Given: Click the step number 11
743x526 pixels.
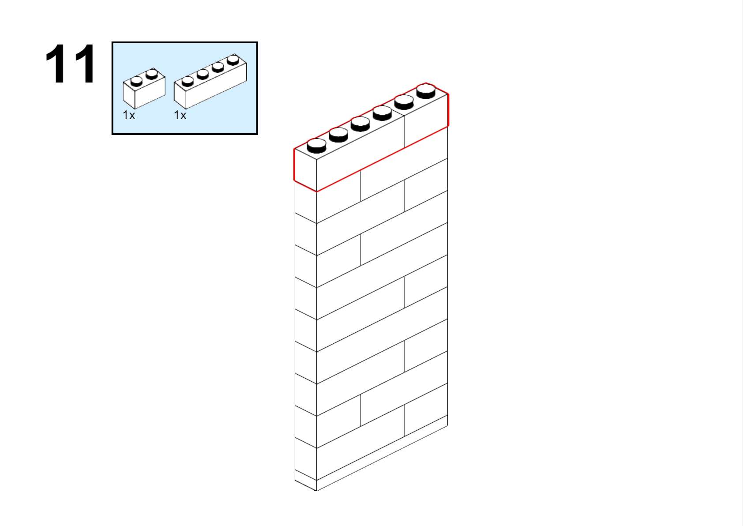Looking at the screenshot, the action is pyautogui.click(x=70, y=64).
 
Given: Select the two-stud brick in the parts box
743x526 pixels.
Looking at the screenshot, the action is pyautogui.click(x=144, y=89).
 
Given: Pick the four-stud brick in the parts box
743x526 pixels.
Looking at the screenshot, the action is pyautogui.click(x=210, y=81).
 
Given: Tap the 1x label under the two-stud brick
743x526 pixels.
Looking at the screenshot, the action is pyautogui.click(x=129, y=116).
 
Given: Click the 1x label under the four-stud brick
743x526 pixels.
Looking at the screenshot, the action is pyautogui.click(x=180, y=116).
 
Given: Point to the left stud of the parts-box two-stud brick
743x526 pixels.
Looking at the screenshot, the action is pyautogui.click(x=136, y=81).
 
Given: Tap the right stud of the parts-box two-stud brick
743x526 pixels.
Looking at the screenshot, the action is pyautogui.click(x=152, y=74).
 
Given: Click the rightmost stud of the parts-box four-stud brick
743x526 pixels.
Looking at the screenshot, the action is pyautogui.click(x=233, y=60).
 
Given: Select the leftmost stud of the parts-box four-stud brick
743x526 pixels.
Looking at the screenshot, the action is pyautogui.click(x=188, y=81).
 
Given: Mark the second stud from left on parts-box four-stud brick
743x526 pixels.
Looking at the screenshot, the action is pyautogui.click(x=203, y=74).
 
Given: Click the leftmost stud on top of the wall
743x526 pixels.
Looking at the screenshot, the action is pyautogui.click(x=317, y=146).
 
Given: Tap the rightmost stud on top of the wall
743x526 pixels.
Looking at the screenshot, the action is pyautogui.click(x=426, y=91).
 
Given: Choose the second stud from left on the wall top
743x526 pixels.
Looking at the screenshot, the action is pyautogui.click(x=339, y=135).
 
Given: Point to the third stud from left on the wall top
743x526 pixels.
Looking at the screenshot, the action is pyautogui.click(x=360, y=124).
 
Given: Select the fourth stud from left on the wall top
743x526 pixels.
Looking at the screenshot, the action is pyautogui.click(x=382, y=113).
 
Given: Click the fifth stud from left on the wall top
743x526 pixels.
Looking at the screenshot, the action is pyautogui.click(x=404, y=102).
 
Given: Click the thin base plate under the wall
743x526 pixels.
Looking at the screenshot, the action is pyautogui.click(x=371, y=458).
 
